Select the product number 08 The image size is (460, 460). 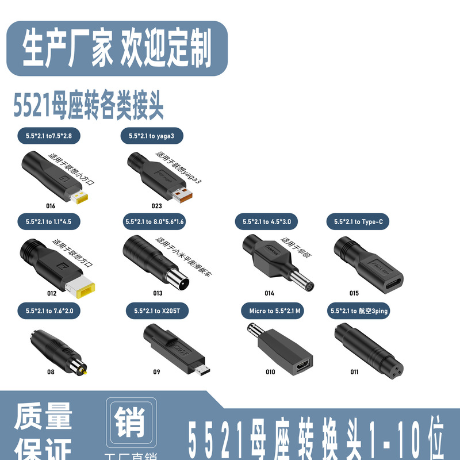(x=51, y=372)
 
